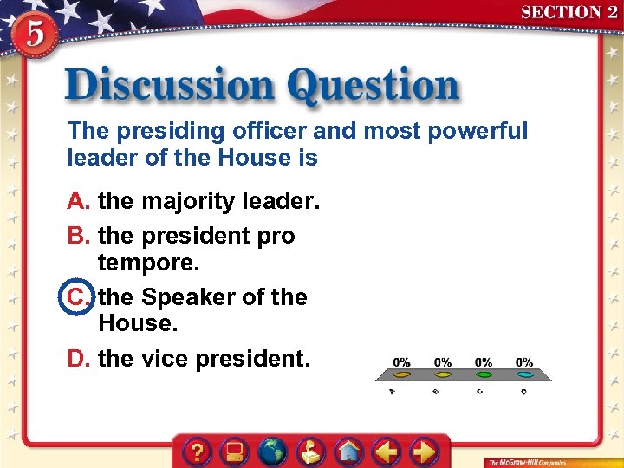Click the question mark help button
coord(198,452)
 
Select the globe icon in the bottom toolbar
coord(273,452)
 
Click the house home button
coord(348,452)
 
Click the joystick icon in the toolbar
coord(310,452)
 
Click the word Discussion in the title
coord(169,87)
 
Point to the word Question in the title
coord(374,87)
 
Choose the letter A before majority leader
coord(80,202)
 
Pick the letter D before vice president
coord(80,358)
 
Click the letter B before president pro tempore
coord(80,236)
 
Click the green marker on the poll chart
coord(484,375)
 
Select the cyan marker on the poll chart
coord(524,375)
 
